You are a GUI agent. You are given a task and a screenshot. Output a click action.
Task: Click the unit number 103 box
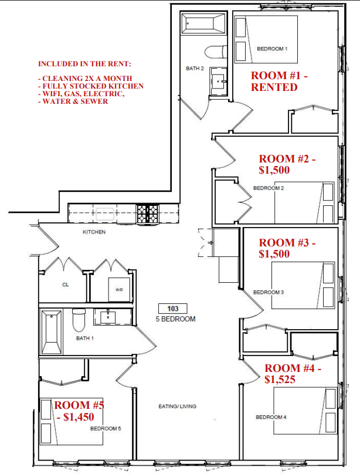coord(173,309)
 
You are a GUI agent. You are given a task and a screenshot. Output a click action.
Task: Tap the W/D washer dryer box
coord(119,289)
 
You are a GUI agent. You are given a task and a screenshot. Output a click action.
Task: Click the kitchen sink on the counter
coord(105,214)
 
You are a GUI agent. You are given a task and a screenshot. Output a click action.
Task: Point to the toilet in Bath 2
coord(215,52)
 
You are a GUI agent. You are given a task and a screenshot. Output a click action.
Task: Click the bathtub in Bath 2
coord(203,23)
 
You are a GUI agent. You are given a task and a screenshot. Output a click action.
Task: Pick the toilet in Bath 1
coord(79,320)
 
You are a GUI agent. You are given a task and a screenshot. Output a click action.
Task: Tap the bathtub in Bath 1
coord(52,332)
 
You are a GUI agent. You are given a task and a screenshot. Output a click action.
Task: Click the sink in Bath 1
coord(108,317)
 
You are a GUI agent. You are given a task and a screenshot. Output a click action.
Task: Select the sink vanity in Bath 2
coord(218,81)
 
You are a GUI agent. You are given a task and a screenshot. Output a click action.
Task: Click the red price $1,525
coord(280,380)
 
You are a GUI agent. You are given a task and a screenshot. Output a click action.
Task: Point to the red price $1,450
coord(79,417)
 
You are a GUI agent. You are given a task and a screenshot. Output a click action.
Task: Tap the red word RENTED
coord(274,87)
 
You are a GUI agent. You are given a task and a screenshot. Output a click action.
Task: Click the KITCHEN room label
coord(94,232)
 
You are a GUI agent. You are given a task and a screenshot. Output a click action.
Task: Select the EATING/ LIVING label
coord(177,407)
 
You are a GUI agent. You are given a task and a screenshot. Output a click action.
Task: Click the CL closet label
coord(66,285)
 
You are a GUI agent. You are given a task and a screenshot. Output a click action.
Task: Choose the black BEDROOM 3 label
coord(269,292)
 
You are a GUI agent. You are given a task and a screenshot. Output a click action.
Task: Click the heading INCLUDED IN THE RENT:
coord(84,64)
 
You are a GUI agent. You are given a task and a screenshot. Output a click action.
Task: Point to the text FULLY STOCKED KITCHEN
coord(93,86)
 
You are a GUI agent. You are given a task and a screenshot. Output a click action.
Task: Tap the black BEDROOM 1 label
coord(272,49)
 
